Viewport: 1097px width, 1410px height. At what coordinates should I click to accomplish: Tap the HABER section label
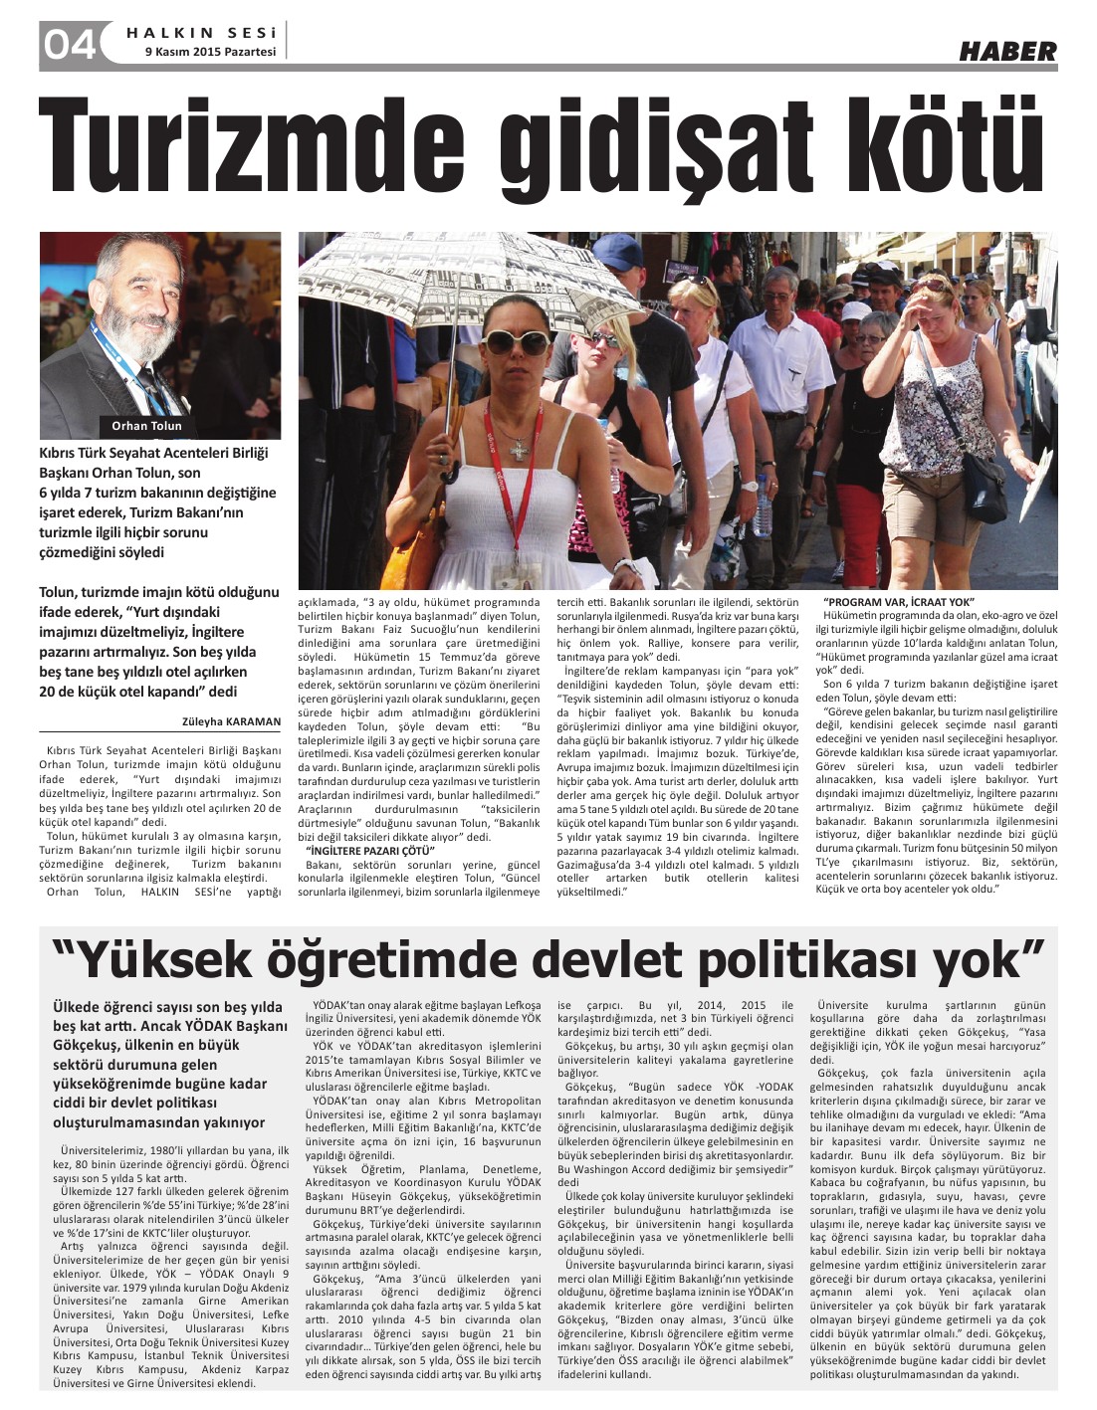click(x=1006, y=51)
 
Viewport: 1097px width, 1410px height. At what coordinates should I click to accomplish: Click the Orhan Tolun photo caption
click(x=146, y=425)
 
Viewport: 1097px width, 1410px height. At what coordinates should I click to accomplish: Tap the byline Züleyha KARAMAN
click(x=231, y=721)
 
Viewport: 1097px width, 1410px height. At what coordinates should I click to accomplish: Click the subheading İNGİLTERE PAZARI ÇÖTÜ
click(x=354, y=853)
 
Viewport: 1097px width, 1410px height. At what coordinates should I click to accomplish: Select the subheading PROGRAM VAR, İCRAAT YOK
click(x=899, y=603)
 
